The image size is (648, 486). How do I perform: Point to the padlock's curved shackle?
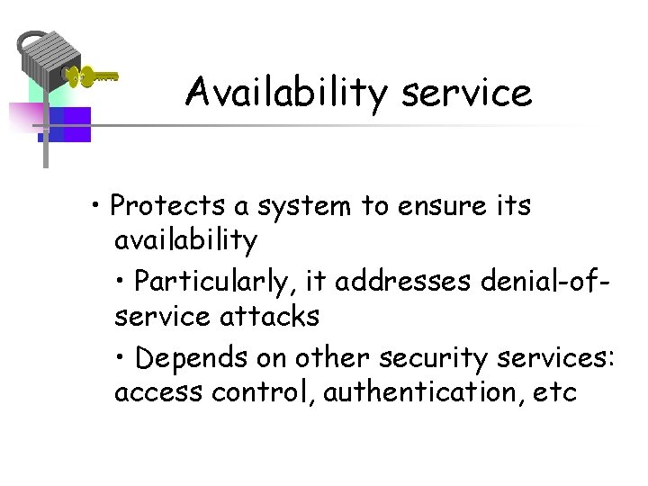(29, 40)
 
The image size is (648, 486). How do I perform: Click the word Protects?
(167, 206)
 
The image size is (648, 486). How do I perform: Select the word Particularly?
(217, 282)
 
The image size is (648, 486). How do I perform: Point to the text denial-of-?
(540, 282)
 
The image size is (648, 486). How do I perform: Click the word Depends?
(190, 357)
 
